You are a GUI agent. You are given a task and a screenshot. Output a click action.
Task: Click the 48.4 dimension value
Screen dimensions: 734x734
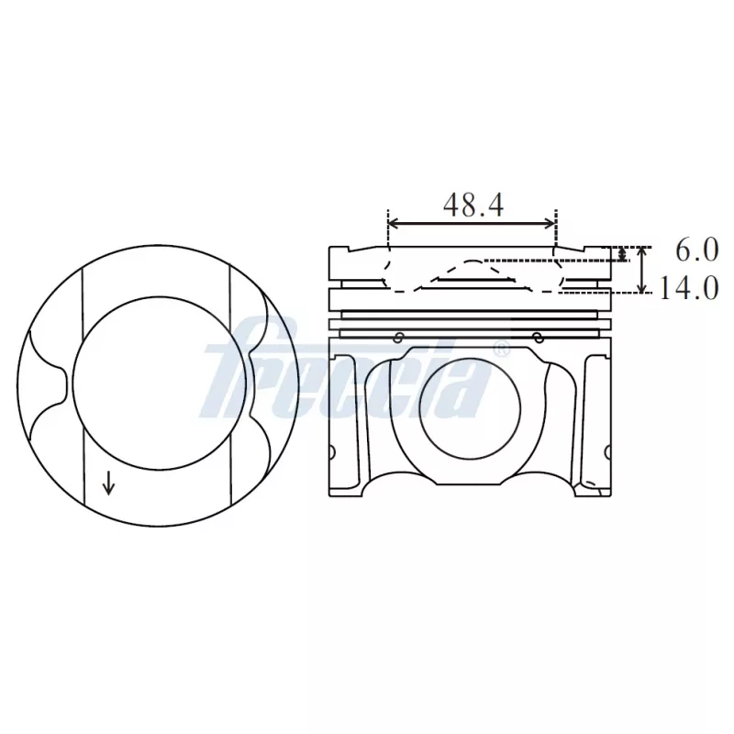tap(473, 204)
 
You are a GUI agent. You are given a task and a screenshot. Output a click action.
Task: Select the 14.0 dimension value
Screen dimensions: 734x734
tap(687, 289)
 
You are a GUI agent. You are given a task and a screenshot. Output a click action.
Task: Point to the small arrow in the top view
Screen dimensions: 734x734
tap(108, 482)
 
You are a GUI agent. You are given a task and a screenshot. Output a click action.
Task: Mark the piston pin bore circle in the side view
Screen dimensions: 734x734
tap(472, 407)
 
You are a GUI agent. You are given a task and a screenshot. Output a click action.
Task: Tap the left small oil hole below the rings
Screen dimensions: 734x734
tap(398, 337)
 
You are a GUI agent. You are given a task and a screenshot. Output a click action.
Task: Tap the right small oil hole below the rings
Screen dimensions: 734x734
tap(538, 337)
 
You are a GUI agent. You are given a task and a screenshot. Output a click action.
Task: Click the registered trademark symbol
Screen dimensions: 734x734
tap(502, 349)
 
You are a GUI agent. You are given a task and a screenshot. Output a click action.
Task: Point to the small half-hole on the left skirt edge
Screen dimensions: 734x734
tap(333, 450)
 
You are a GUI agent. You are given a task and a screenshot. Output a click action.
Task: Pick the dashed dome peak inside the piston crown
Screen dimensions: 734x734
tap(473, 261)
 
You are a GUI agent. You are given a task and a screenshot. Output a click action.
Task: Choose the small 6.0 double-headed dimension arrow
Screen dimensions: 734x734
tap(623, 254)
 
